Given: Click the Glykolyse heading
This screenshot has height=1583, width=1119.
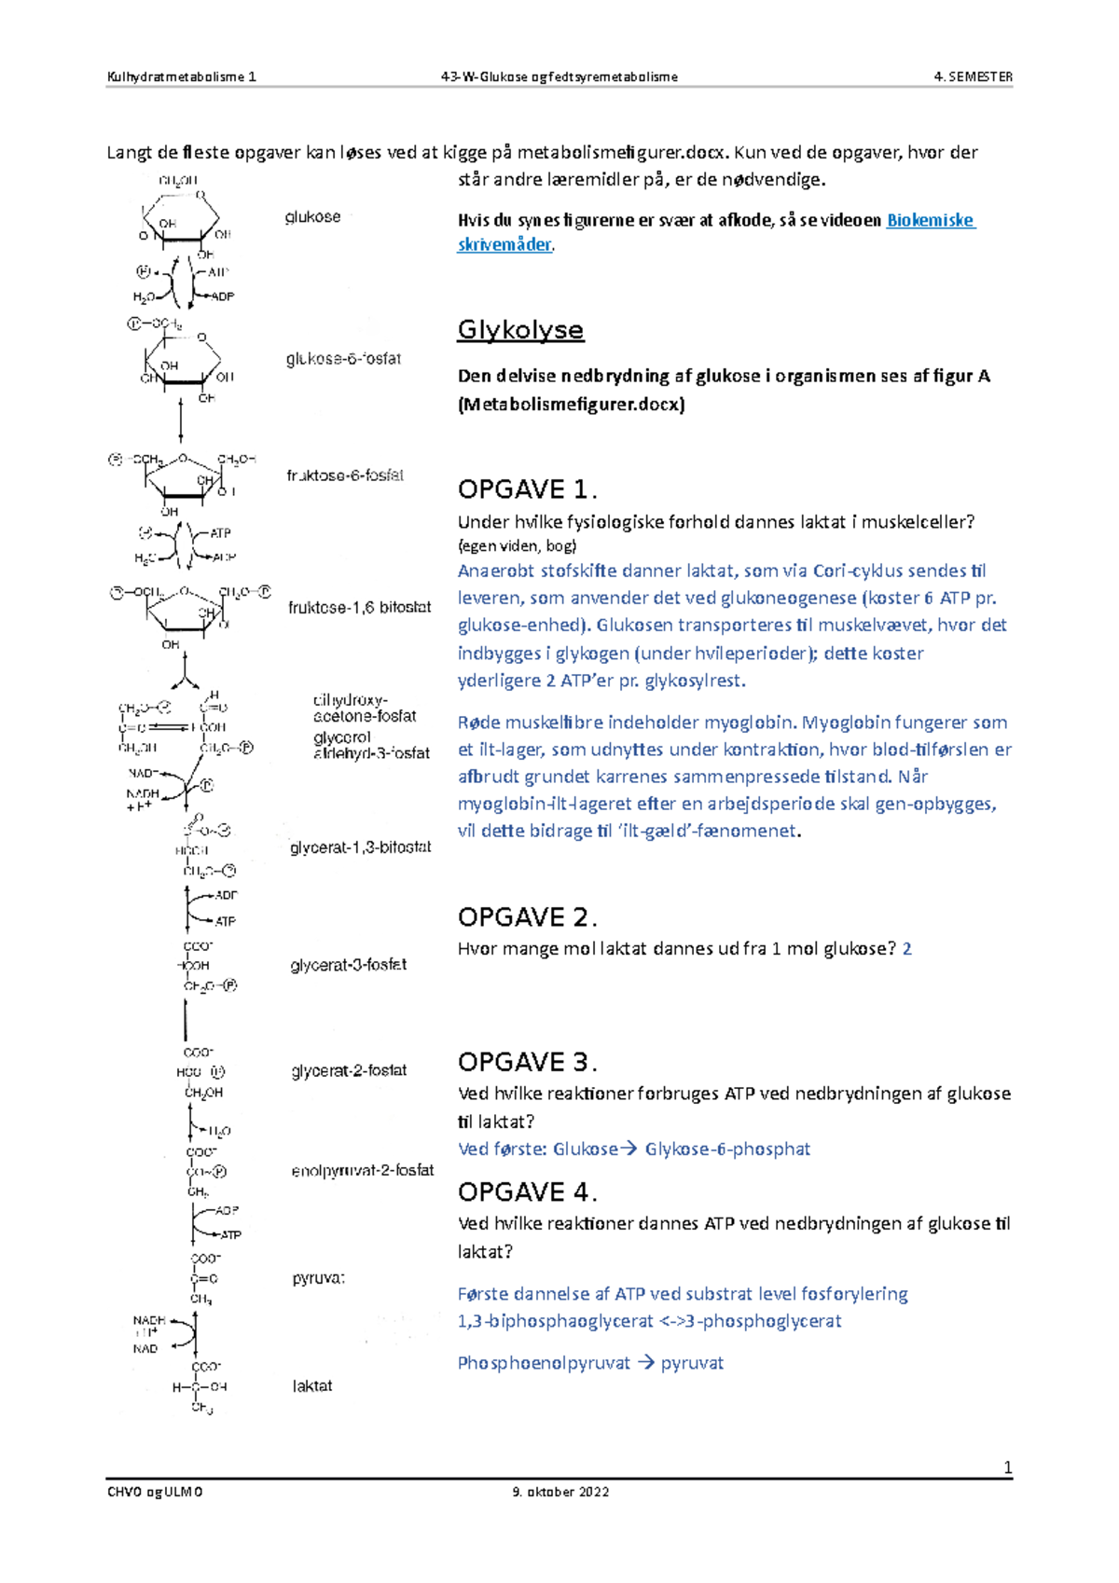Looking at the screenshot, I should pos(520,330).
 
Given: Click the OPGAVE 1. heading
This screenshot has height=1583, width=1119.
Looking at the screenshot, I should pos(527,489).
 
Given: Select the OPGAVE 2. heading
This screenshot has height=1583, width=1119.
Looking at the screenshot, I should pos(527,917).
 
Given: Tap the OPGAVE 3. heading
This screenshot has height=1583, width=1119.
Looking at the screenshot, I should pos(527,1062).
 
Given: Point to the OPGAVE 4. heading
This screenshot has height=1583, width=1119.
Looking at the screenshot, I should pos(527,1191).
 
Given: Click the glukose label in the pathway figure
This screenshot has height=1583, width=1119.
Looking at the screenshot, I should pos(312,217).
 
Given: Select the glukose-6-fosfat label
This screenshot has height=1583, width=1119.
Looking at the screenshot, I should pos(343,359).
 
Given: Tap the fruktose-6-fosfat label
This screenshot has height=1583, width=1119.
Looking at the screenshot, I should pos(344,475).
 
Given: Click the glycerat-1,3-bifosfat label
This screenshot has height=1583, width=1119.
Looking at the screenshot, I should pos(360,847).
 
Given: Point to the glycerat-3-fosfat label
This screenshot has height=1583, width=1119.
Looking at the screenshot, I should pos(348,965).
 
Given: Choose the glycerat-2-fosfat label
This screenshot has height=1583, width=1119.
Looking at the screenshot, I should pos(348,1070).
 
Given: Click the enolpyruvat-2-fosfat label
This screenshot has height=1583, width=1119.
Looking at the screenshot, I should pos(362,1170).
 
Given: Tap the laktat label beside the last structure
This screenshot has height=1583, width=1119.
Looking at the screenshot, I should pos(311,1386).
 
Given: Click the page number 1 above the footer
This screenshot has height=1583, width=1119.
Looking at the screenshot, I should pos(1007,1468).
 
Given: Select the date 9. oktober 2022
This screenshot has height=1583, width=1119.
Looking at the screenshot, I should pos(560,1492).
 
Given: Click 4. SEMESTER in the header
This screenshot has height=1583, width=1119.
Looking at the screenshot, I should pos(973,77).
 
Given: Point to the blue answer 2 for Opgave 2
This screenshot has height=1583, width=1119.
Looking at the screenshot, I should pos(906,949).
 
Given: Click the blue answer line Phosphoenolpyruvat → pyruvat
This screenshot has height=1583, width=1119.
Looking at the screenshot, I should pos(590,1363).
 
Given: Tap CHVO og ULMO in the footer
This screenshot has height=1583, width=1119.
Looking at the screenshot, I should pos(155,1492).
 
